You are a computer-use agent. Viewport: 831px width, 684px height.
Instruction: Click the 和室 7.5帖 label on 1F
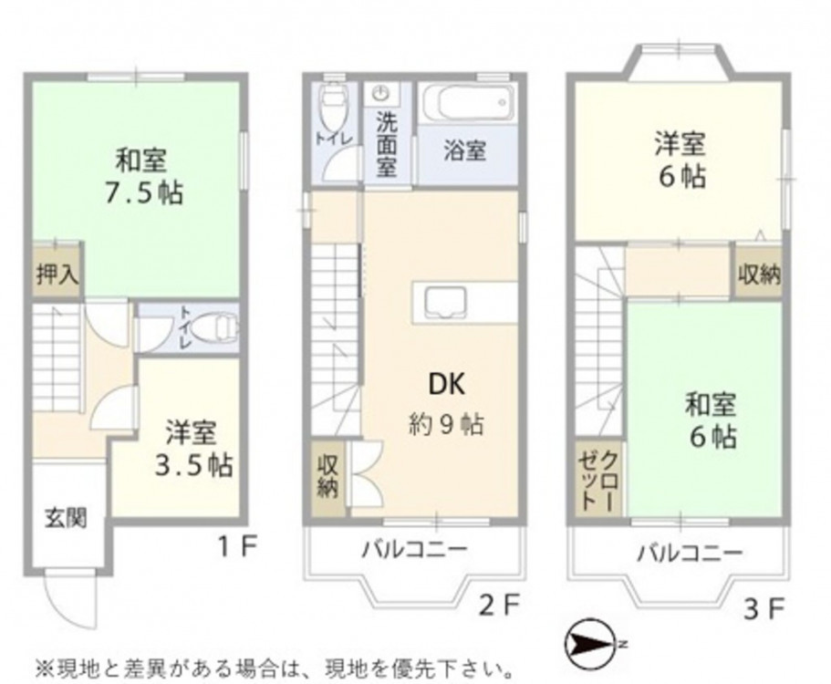(x=143, y=177)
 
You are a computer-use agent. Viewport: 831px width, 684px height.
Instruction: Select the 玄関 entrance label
(x=66, y=518)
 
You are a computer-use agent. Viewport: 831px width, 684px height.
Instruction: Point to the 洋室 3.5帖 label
(x=192, y=449)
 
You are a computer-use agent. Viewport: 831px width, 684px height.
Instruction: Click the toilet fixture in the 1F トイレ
(x=212, y=329)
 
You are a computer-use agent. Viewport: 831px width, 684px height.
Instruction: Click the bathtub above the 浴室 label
(x=467, y=103)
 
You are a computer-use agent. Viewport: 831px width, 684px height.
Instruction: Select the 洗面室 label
(x=387, y=145)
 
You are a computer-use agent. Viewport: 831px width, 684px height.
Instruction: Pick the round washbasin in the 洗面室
(x=380, y=94)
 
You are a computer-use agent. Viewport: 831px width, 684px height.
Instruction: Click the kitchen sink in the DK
(x=445, y=304)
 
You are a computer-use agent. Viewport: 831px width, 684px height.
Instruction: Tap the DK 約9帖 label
(x=446, y=404)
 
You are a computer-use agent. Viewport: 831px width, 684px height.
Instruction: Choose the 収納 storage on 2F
(x=327, y=477)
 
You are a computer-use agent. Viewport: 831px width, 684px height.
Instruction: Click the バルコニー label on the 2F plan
(x=415, y=550)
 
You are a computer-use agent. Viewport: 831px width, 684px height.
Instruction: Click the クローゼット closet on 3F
(x=600, y=481)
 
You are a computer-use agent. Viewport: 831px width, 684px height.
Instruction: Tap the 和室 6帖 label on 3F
(x=712, y=421)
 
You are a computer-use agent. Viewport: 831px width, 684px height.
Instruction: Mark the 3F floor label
(x=763, y=611)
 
